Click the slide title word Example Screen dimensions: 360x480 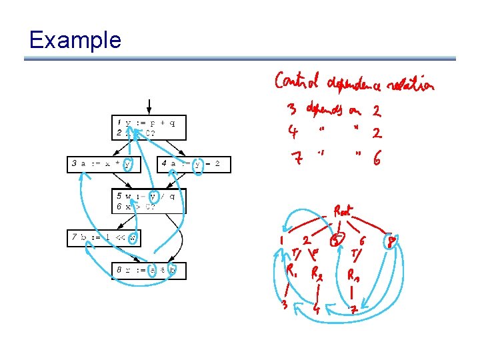pyautogui.click(x=75, y=40)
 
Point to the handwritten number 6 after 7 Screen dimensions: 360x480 pyautogui.click(x=377, y=160)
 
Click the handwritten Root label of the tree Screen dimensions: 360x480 pyautogui.click(x=344, y=212)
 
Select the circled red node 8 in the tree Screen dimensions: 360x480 pyautogui.click(x=393, y=241)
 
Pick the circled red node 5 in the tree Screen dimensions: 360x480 pyautogui.click(x=338, y=239)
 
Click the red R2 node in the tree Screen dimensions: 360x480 pyautogui.click(x=317, y=274)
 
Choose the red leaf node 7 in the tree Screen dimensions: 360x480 pyautogui.click(x=355, y=309)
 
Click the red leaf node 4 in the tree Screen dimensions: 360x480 pyautogui.click(x=317, y=309)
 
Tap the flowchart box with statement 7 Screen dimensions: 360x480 pyautogui.click(x=103, y=237)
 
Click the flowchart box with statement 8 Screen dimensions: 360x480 pyautogui.click(x=149, y=271)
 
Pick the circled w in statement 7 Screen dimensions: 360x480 pyautogui.click(x=133, y=237)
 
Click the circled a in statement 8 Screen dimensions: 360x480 pyautogui.click(x=153, y=271)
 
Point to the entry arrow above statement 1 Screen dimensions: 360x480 pyautogui.click(x=149, y=107)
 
